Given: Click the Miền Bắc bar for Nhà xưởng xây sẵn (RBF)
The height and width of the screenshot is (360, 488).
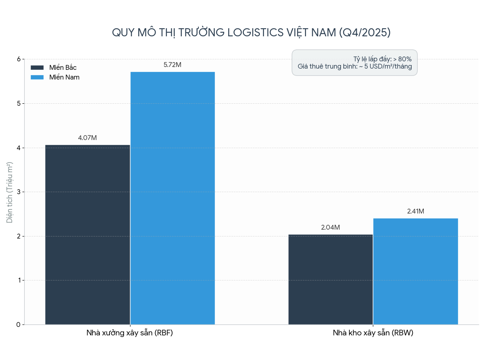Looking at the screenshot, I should click(87, 234).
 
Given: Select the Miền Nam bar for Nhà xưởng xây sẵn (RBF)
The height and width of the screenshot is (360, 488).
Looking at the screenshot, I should click(172, 198).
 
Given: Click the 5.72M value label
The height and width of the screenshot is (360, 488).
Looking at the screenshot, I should click(172, 65).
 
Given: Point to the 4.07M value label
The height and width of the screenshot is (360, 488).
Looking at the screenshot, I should click(87, 138).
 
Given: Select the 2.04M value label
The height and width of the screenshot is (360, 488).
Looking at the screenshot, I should click(330, 228).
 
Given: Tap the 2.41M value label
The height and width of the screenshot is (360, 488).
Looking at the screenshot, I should click(415, 211).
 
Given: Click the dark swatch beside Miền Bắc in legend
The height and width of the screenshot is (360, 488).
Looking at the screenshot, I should click(37, 68).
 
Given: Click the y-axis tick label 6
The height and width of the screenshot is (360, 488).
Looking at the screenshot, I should click(19, 59).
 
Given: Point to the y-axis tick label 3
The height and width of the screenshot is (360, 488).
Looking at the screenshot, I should click(19, 192).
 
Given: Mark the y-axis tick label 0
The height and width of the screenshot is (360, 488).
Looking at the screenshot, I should click(19, 325).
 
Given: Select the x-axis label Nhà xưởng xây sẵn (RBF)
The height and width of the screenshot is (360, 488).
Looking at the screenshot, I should click(130, 333).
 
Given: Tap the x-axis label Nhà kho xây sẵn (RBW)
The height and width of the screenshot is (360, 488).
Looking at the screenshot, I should click(373, 333).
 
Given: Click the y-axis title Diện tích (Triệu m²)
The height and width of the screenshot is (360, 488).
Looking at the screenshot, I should click(10, 192).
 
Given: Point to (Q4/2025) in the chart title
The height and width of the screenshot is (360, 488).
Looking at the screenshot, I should click(364, 32).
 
